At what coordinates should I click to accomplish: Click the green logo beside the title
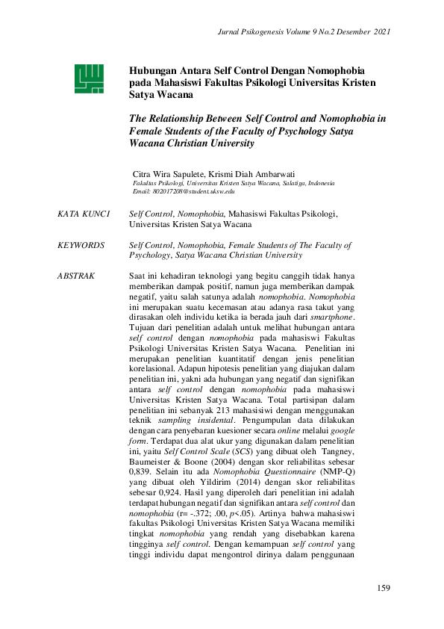click(x=87, y=78)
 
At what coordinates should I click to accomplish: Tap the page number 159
click(x=384, y=589)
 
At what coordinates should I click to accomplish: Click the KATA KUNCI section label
click(x=83, y=214)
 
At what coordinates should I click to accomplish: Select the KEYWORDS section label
click(x=81, y=245)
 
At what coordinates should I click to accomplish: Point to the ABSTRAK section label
click(x=76, y=276)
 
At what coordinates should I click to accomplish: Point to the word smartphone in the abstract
click(x=332, y=317)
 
